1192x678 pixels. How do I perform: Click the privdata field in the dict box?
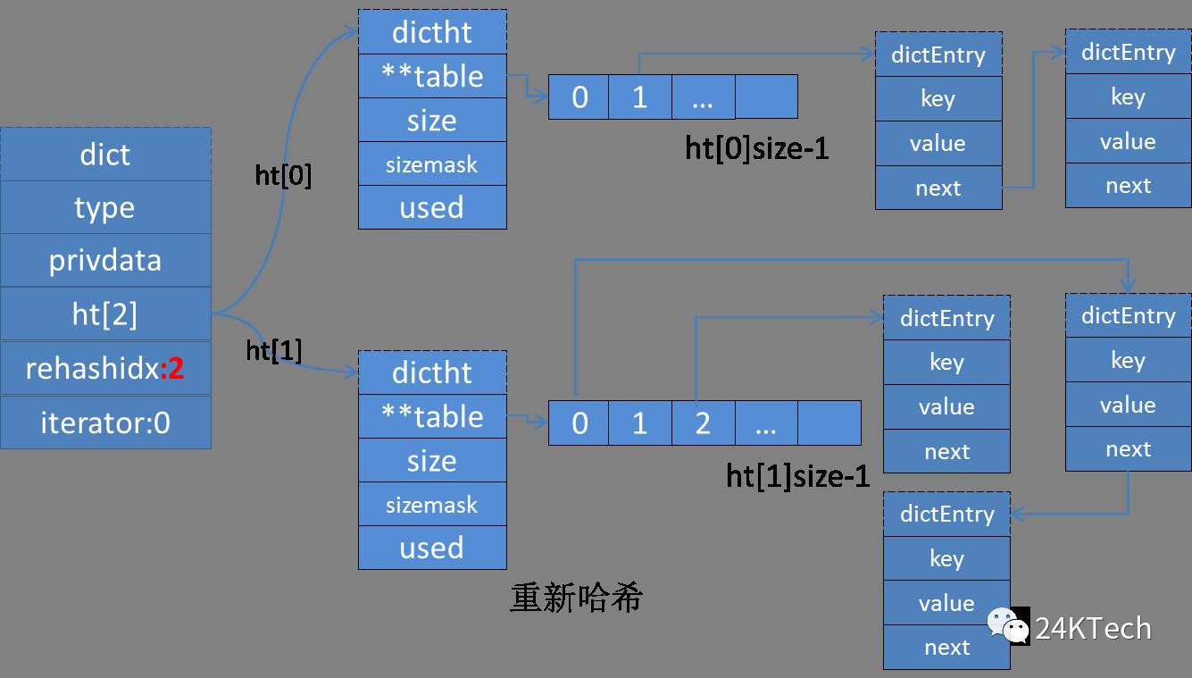(105, 261)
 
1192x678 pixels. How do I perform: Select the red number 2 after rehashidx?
(174, 368)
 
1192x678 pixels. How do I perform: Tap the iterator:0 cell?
(105, 423)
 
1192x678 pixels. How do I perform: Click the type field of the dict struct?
(105, 207)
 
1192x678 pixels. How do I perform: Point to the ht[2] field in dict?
(105, 314)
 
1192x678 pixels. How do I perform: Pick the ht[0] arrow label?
(284, 176)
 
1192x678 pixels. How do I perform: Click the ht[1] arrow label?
(274, 351)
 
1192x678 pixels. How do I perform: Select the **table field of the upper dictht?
(432, 77)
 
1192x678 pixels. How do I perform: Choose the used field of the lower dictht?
(432, 548)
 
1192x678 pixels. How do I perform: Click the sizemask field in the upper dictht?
(432, 164)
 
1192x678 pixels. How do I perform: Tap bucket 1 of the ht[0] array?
(639, 97)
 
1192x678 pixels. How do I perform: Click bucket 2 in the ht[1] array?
(703, 423)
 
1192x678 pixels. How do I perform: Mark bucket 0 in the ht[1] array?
(579, 423)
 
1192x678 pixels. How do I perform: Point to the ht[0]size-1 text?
(757, 147)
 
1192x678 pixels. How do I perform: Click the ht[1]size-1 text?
(797, 476)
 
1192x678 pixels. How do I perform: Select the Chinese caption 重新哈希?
(576, 598)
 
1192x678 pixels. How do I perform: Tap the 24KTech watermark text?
(1093, 629)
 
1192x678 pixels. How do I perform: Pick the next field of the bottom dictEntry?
(946, 648)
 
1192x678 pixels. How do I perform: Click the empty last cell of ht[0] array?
(766, 97)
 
